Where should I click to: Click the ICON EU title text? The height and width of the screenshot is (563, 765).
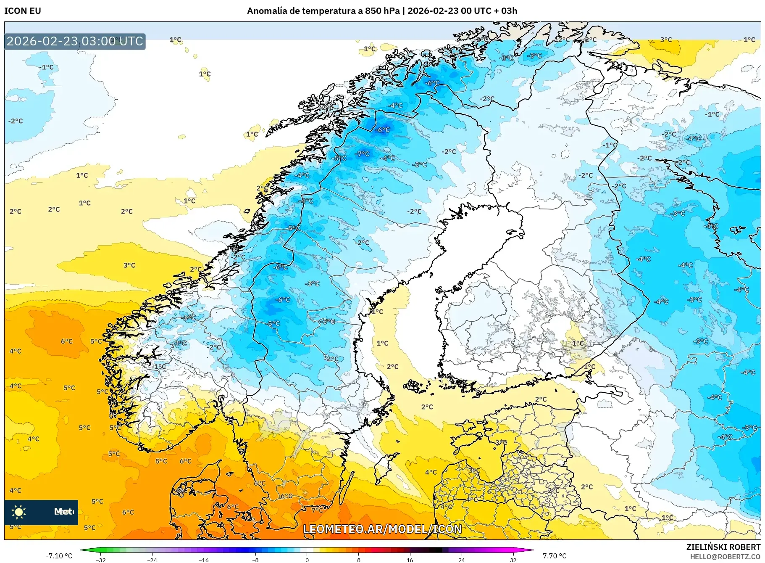[23, 11]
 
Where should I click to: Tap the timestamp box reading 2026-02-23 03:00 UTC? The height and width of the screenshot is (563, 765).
[75, 41]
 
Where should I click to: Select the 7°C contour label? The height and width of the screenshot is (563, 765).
[318, 510]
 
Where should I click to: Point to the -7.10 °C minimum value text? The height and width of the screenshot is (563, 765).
[59, 556]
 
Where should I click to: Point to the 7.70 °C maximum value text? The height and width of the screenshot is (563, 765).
[555, 556]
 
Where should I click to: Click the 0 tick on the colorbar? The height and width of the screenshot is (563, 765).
[307, 560]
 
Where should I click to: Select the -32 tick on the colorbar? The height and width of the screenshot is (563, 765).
[101, 560]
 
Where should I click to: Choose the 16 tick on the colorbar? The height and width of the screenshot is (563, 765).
[410, 560]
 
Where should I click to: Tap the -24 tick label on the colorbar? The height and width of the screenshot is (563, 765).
[152, 560]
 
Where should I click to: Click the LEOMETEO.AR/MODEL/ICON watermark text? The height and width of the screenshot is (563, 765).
[382, 529]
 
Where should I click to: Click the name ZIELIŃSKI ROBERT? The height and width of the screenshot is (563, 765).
[723, 547]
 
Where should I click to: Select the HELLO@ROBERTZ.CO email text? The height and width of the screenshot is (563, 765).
[725, 557]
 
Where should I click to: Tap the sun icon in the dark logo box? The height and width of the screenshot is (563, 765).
[19, 512]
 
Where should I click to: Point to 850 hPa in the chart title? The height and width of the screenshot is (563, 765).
[382, 11]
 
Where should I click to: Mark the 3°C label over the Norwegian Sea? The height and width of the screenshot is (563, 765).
[129, 265]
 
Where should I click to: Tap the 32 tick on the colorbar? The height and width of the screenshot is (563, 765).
[513, 560]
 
